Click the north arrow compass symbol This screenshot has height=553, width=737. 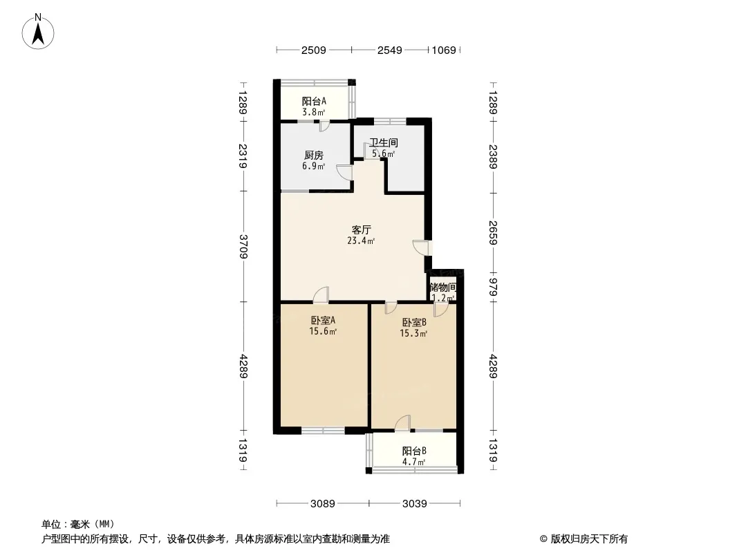[x=38, y=32]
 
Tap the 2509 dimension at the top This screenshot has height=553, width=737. [x=313, y=50]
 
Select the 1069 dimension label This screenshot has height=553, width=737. [x=444, y=50]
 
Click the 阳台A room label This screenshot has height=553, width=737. [x=314, y=101]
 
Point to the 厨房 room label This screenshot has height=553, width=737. [x=313, y=155]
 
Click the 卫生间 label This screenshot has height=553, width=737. [x=384, y=142]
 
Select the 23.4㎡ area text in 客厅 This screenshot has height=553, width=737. [x=361, y=241]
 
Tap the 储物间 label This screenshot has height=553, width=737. [x=442, y=287]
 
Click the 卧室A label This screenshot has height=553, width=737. [x=323, y=321]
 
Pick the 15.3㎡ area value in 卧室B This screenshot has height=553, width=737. [x=413, y=334]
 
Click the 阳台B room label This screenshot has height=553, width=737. [x=414, y=451]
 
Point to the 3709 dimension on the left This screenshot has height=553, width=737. [x=243, y=246]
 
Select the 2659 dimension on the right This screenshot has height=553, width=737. [x=493, y=232]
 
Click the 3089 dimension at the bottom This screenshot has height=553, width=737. [x=322, y=504]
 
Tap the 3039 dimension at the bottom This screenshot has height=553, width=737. [x=415, y=504]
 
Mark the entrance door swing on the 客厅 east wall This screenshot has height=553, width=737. [x=420, y=247]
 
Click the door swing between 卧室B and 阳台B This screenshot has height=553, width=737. [x=402, y=422]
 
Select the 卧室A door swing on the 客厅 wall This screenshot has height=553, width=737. [x=321, y=294]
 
